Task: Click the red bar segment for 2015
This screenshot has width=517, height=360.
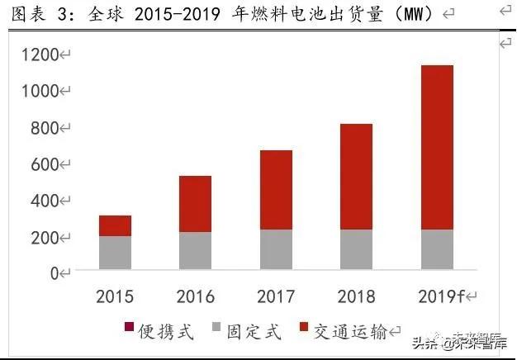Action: point(116,225)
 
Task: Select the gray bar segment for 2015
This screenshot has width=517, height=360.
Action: point(116,253)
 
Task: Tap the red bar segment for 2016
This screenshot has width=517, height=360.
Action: point(195,203)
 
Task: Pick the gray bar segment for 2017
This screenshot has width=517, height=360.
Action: point(276,249)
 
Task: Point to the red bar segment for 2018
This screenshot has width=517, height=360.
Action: point(356,176)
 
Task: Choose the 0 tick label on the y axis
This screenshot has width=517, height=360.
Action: point(55,273)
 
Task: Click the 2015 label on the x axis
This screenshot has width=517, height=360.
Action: point(116,296)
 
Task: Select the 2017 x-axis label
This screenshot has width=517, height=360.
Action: point(276,296)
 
